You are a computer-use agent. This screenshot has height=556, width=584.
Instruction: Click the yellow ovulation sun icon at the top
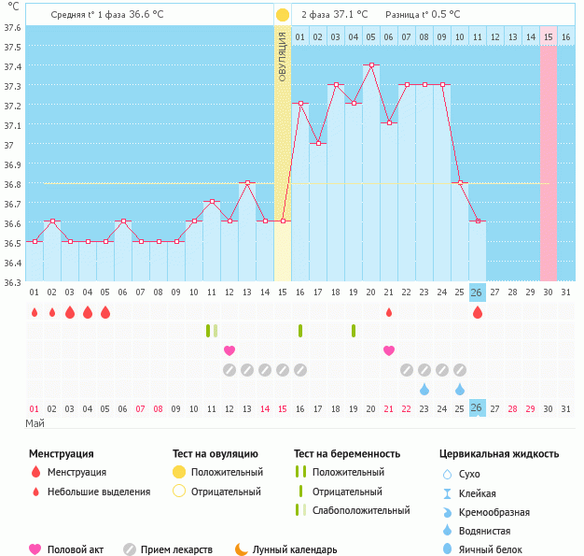283,15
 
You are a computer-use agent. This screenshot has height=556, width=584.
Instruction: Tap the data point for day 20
371,64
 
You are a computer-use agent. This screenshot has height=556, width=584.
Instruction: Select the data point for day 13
247,182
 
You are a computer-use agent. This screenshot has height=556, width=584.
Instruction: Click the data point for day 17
318,143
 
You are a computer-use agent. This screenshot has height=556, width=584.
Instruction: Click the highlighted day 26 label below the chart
477,292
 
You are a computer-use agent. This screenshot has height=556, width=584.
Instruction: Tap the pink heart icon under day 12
229,350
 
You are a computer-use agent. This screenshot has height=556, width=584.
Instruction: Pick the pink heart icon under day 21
389,350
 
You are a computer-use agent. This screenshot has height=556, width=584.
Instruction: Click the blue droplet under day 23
424,389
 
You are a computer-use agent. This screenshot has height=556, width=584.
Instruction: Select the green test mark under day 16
300,330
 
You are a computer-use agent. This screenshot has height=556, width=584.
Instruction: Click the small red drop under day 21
389,312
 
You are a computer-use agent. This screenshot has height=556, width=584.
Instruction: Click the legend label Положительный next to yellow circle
227,473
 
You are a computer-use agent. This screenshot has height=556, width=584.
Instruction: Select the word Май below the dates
35,423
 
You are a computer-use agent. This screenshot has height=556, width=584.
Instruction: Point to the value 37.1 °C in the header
350,15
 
